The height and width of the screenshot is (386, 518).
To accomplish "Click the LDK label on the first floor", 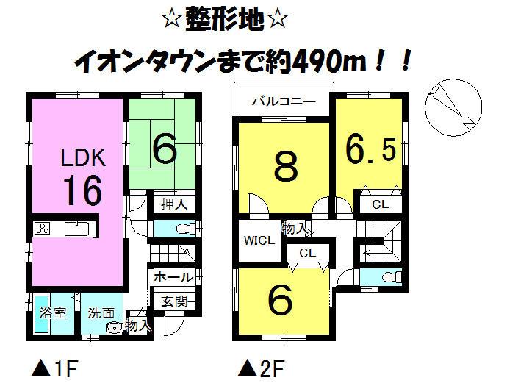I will point(83,157).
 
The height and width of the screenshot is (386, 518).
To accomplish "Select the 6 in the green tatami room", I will point(165,150).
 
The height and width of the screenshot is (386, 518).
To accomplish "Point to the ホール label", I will point(174,277).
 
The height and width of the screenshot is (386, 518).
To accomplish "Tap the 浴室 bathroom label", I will point(51,313).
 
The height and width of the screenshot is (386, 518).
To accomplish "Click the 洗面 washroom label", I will point(101,313).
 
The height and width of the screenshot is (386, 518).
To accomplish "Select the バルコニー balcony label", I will point(282,101).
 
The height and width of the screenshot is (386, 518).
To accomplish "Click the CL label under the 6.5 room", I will point(379,205).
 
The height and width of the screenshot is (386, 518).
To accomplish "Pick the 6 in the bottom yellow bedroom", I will point(281,300).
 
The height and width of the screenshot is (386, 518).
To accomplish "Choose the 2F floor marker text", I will point(262,366).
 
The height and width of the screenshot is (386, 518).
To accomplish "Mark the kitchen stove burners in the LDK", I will point(42,229).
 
